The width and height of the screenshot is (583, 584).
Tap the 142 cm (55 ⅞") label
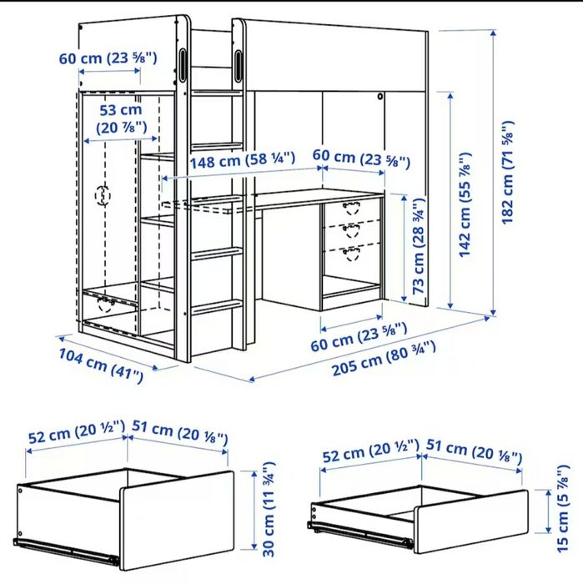(466, 204)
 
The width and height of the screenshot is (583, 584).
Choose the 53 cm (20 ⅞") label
(120, 118)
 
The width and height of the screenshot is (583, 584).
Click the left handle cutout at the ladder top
(183, 64)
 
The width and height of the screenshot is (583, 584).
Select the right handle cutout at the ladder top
(240, 64)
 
